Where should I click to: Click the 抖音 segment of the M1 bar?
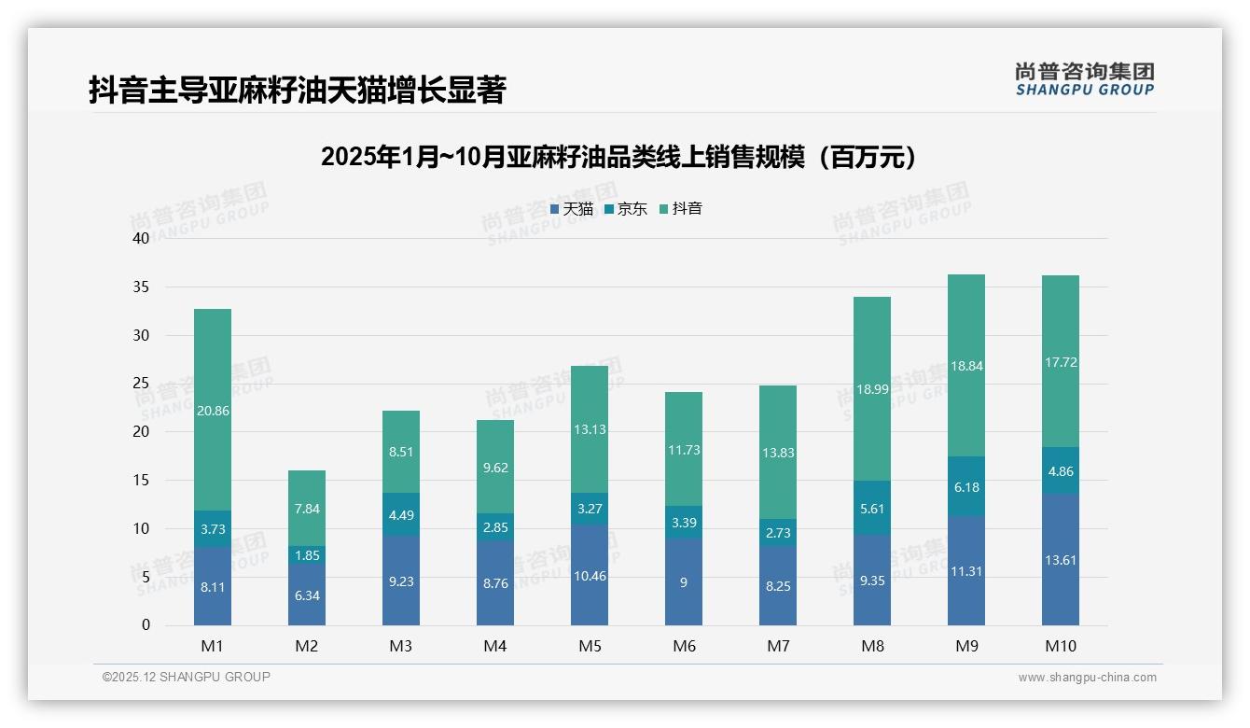pos(213,410)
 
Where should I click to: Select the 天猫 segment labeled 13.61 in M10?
pos(1060,559)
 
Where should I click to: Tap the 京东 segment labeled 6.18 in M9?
pos(965,486)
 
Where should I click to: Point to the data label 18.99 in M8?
pos(871,389)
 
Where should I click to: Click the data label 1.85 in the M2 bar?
pos(307,555)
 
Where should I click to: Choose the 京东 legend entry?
pos(626,209)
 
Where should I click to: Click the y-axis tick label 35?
pos(141,287)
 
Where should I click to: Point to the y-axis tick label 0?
pos(145,625)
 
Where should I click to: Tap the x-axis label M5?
pos(590,646)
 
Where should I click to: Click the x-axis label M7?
pos(778,646)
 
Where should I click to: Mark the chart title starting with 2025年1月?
pos(618,157)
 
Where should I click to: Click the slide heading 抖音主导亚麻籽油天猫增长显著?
pos(297,91)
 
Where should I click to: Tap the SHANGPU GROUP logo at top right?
pos(1084,79)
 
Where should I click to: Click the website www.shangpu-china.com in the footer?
pos(1087,678)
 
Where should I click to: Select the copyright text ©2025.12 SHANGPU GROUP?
pos(187,678)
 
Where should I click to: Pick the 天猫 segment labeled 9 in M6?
pos(684,581)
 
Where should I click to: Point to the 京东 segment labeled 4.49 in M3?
pos(401,513)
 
